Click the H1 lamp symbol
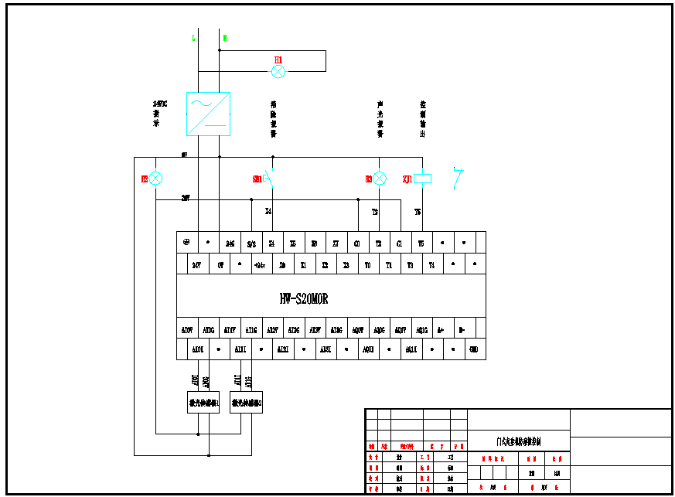coord(278,72)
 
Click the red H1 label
coord(278,60)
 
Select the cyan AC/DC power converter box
coord(209,114)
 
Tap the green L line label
coord(193,38)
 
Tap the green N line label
coord(225,38)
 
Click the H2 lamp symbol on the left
coord(155,179)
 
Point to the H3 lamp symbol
coord(380,179)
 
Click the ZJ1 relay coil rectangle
coord(422,179)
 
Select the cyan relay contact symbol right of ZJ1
coord(459,178)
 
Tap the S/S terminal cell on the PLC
coord(251,243)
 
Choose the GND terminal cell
coord(474,349)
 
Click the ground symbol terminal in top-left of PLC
coord(186,242)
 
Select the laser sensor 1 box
coord(204,403)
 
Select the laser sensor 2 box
coord(247,403)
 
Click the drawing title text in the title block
coord(519,442)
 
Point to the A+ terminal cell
coord(441,330)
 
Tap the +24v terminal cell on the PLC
coord(260,265)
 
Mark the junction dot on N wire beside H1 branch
coord(220,51)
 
